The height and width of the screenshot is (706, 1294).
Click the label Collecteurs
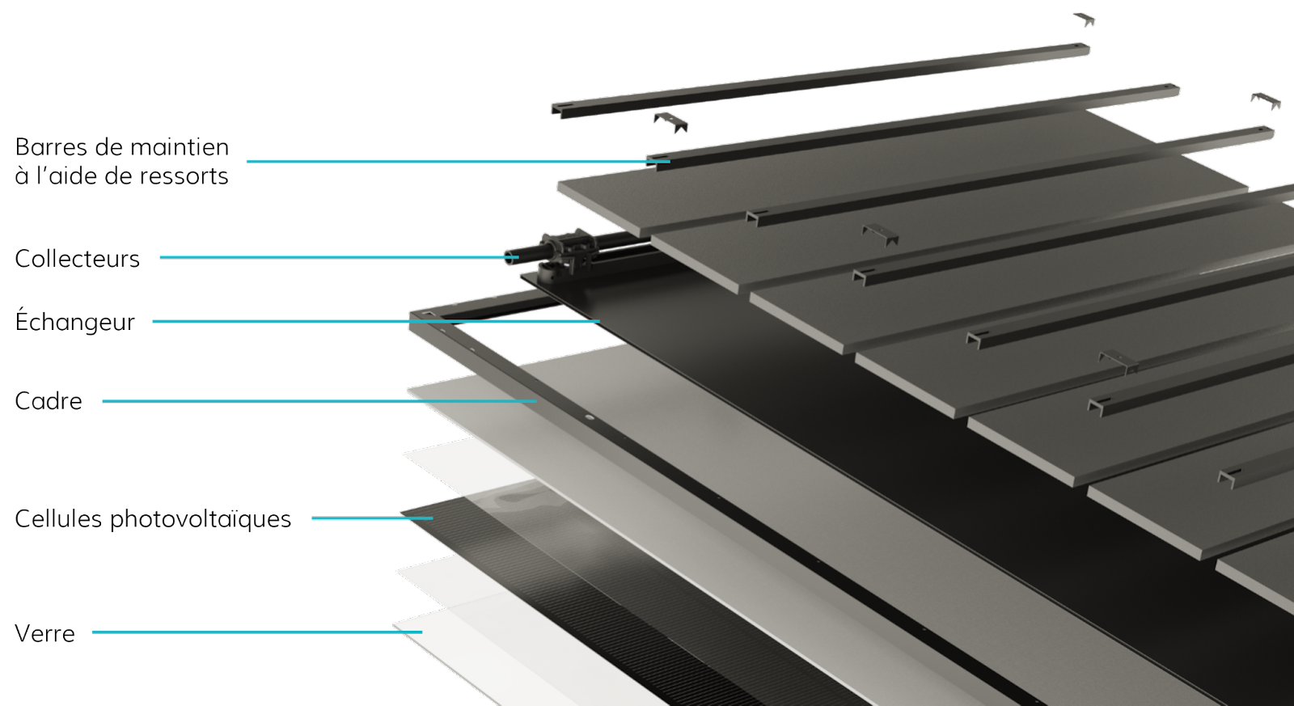click(77, 259)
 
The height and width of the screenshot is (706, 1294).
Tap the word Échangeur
click(74, 320)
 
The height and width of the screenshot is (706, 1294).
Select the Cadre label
click(49, 401)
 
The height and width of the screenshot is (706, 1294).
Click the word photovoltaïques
click(201, 519)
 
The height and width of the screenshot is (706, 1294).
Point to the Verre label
click(45, 634)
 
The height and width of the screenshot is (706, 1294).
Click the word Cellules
click(58, 519)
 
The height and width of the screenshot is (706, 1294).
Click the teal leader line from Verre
click(257, 632)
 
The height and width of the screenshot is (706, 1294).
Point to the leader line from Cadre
click(319, 401)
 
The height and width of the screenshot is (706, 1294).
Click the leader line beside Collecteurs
click(339, 257)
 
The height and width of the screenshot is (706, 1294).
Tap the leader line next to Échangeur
click(376, 320)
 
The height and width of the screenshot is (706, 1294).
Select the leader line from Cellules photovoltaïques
click(372, 518)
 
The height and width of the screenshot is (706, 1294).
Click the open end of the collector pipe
click(510, 258)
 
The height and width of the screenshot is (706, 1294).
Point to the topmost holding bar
click(820, 80)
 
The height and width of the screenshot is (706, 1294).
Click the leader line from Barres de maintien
click(458, 161)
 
